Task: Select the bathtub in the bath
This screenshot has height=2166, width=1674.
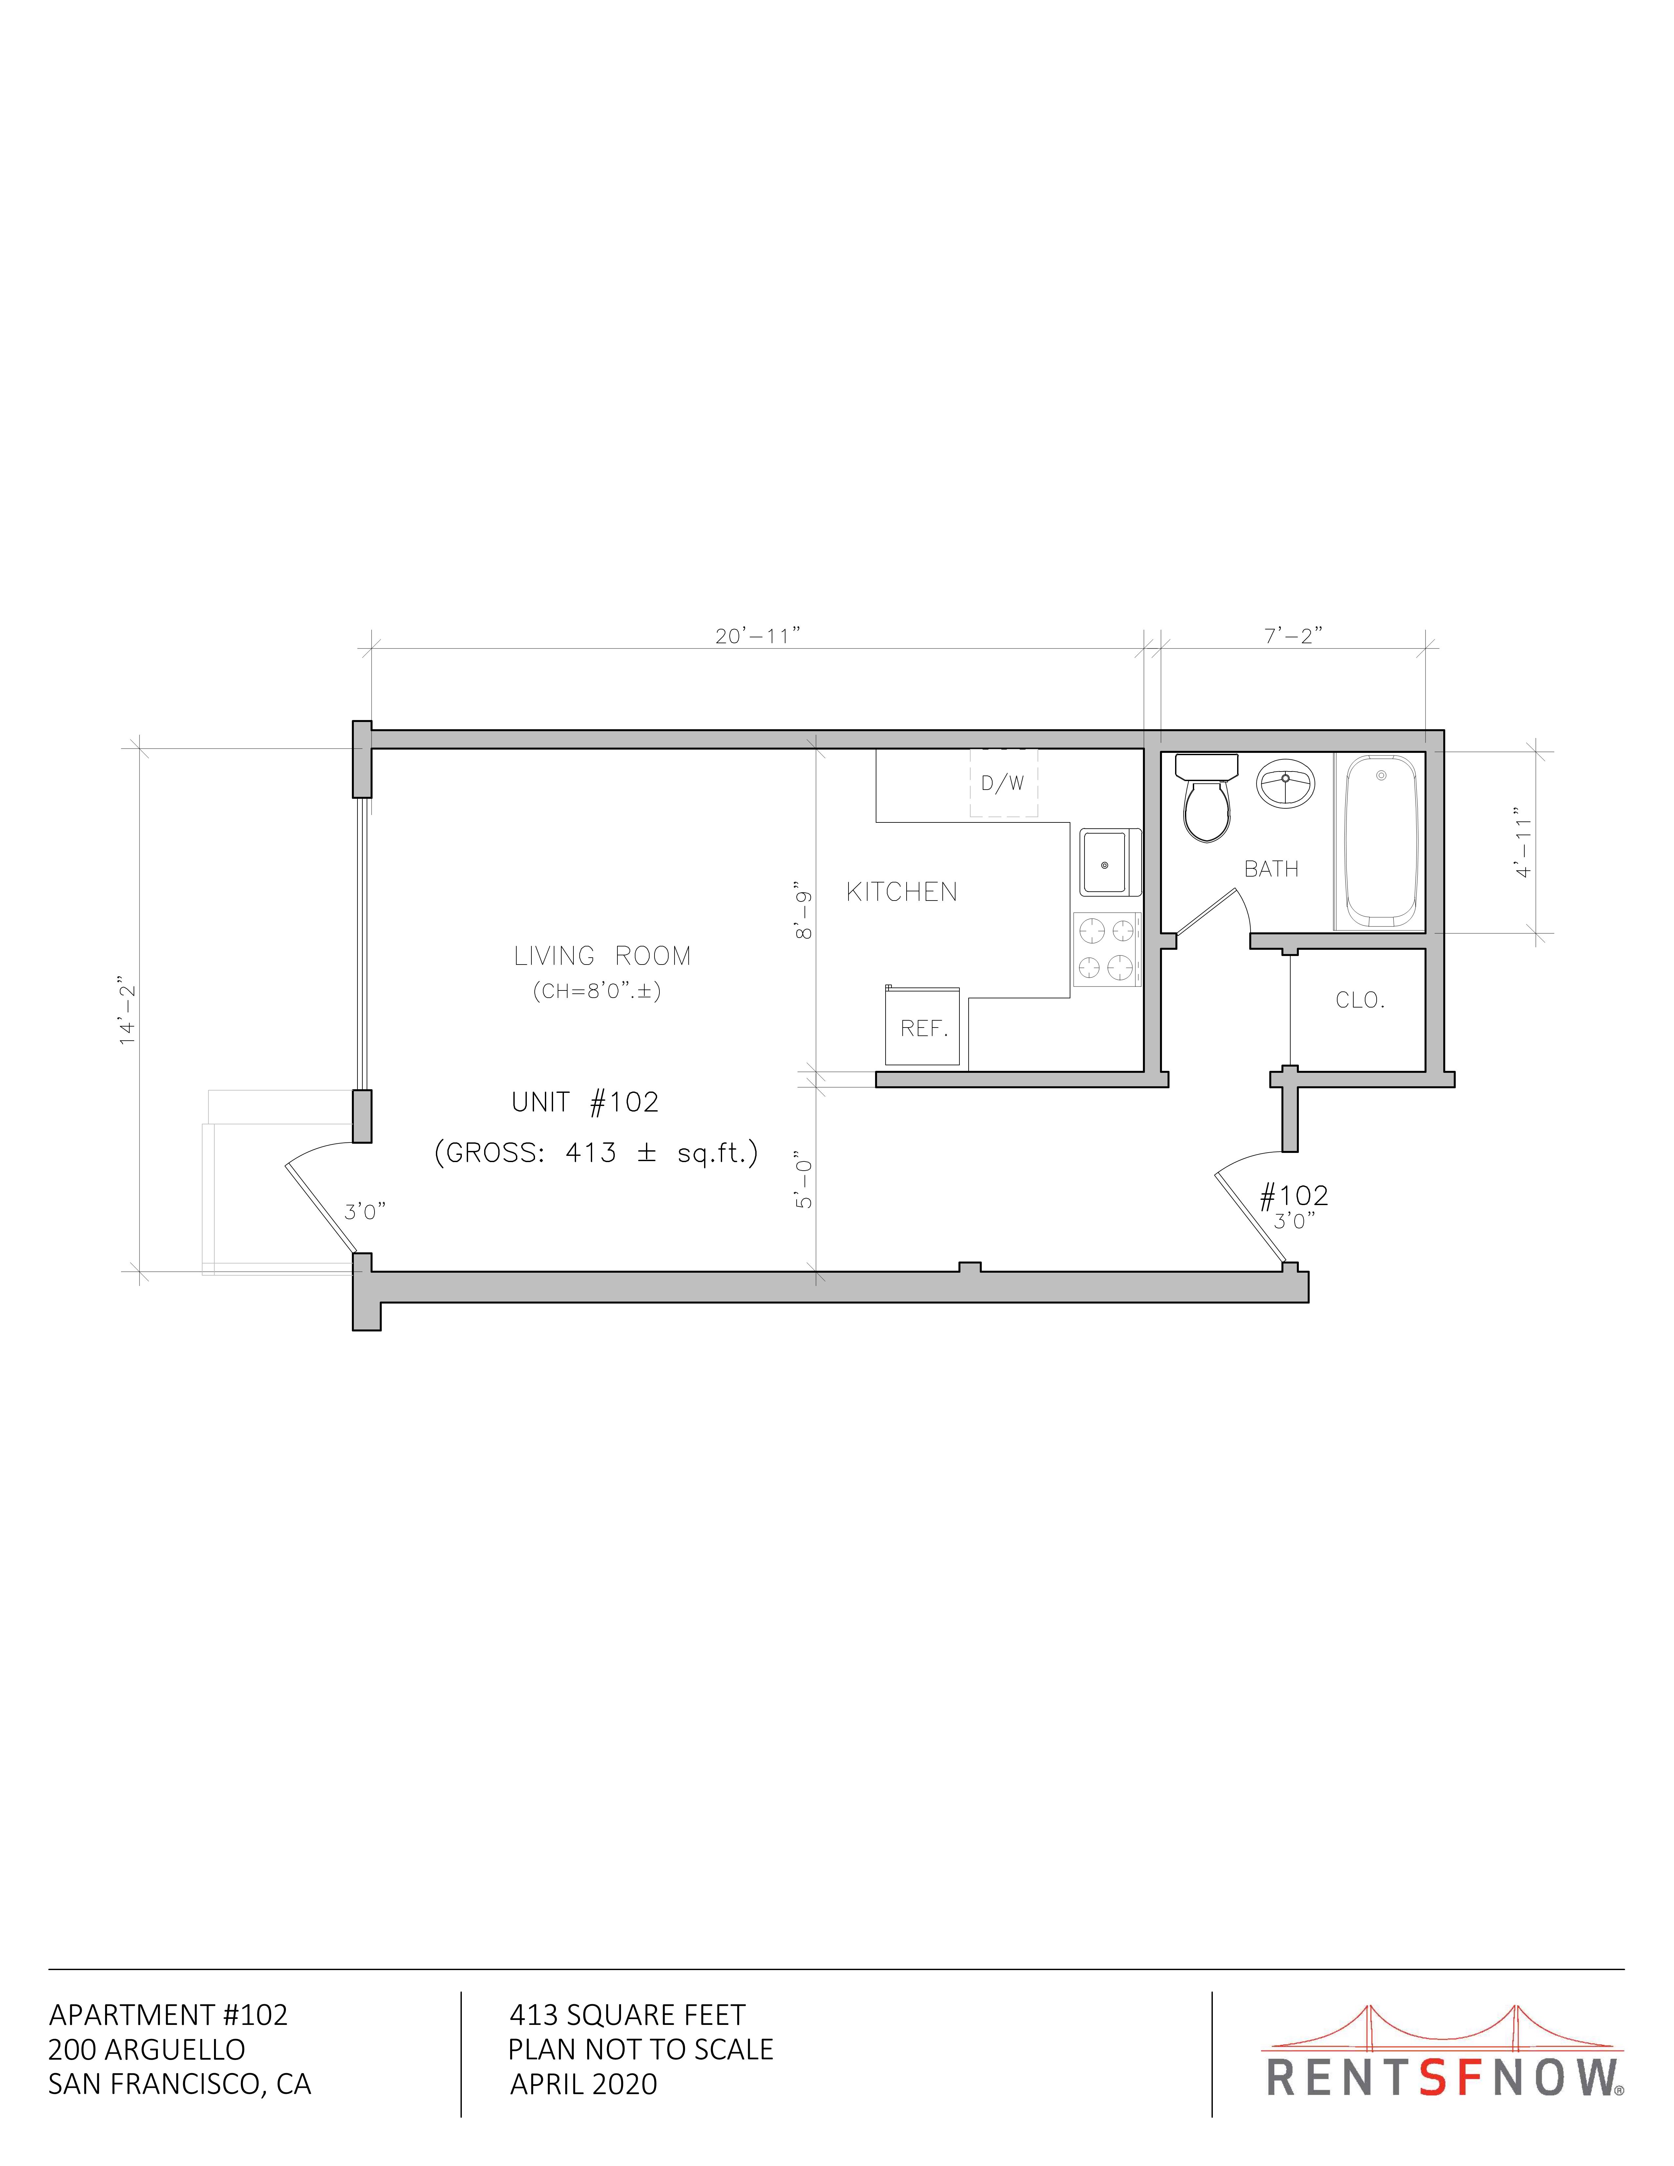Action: coord(1380,841)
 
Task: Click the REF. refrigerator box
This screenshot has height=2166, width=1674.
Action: coord(923,1026)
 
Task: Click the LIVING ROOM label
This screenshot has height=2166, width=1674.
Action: coord(602,956)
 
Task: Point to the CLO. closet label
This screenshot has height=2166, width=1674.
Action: coord(1360,1001)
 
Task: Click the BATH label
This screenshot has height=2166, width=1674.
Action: coord(1271,869)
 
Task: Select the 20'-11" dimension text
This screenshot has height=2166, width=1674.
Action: coord(758,636)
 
